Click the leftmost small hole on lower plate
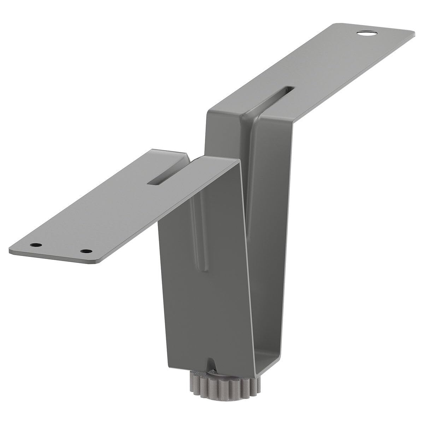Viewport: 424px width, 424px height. pos(35,245)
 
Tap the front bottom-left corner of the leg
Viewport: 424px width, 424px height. pos(166,364)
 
